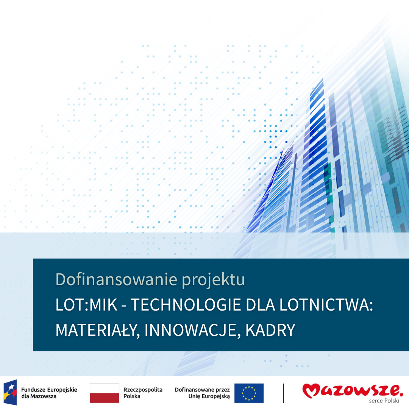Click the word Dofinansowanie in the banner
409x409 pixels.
(116, 279)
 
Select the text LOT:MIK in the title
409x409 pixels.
(86, 304)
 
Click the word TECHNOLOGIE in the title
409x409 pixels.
(186, 304)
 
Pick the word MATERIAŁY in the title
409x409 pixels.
(96, 330)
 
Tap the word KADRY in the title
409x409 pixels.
(270, 330)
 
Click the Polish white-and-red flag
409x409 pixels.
(105, 393)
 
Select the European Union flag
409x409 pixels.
(249, 393)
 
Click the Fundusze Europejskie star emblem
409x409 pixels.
(10, 392)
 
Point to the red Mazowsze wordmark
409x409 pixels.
(353, 390)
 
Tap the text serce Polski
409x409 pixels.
(384, 401)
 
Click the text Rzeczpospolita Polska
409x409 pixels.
(143, 393)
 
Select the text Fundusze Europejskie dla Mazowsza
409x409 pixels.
(49, 393)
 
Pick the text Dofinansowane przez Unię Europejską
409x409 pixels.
(202, 393)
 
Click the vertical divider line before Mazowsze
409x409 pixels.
(283, 393)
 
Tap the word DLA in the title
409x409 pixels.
(260, 304)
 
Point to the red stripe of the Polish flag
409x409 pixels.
(105, 398)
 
